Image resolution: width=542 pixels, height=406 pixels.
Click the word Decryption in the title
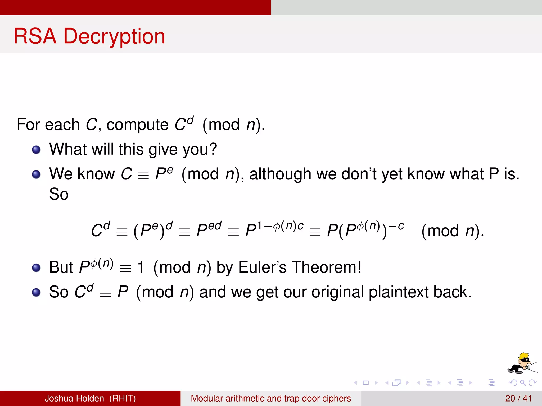[114, 36]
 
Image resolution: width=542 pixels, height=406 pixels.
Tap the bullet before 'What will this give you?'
[36, 150]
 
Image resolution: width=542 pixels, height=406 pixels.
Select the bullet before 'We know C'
[36, 174]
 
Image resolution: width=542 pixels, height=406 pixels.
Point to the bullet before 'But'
[36, 268]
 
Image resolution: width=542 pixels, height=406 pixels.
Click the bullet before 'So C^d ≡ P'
[36, 292]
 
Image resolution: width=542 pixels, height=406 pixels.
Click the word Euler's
[262, 267]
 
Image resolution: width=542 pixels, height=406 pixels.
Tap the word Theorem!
[326, 267]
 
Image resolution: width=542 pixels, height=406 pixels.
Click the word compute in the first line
[137, 125]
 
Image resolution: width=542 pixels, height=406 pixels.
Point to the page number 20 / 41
[518, 398]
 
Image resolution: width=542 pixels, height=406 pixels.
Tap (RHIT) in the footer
[123, 398]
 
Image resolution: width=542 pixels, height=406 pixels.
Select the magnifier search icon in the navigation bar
[523, 382]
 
